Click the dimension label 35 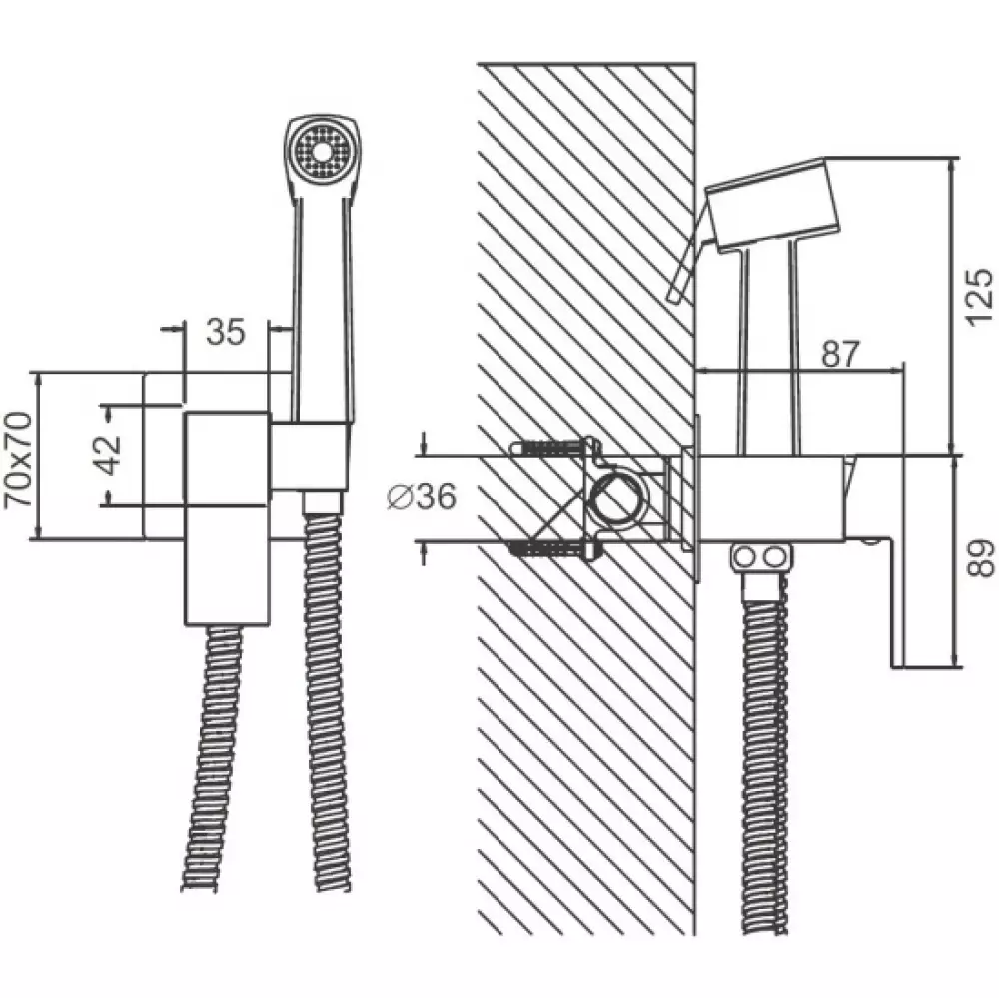(226, 332)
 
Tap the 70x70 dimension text (18, 460)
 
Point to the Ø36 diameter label (422, 497)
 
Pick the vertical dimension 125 (979, 298)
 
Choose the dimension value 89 (980, 558)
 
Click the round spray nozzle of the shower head (322, 152)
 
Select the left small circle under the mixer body (743, 558)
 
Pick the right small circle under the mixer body (775, 558)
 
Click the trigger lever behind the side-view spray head (687, 254)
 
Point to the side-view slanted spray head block (772, 203)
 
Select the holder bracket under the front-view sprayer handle (311, 456)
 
